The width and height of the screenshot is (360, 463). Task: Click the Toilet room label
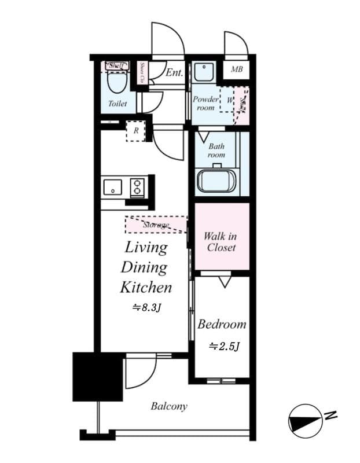point(117,104)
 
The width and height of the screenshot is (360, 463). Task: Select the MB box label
point(236,70)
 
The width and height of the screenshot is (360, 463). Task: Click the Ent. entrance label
point(174,73)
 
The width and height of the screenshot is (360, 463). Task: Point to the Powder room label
point(205,103)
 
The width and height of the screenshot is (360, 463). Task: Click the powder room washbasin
point(203,72)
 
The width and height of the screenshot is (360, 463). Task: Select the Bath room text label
point(216,150)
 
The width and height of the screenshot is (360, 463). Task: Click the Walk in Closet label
point(220,241)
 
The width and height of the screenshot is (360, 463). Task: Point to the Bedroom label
point(222,324)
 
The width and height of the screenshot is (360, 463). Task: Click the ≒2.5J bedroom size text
point(224,346)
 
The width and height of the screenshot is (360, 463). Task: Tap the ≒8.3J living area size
point(146,308)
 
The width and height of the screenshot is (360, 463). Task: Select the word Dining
point(144,267)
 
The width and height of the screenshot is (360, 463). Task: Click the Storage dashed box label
point(156,225)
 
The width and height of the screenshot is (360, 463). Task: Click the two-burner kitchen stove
point(138,187)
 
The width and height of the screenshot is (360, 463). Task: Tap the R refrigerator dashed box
point(136,131)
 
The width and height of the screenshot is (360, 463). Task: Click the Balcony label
point(169,406)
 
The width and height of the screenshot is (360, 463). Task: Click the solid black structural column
point(97,376)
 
